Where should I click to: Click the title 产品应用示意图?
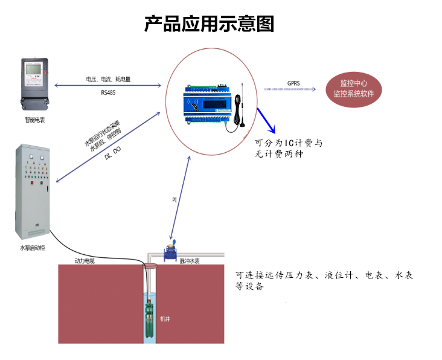pos(209,24)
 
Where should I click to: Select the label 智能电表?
pos(34,120)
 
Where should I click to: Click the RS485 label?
pos(109,92)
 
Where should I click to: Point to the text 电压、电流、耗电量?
pos(109,79)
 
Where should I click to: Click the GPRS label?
pos(293,83)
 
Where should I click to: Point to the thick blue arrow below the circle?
pos(266,120)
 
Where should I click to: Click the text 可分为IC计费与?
pos(289,144)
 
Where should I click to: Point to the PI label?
pos(175,199)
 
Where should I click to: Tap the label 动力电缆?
pos(84,261)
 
